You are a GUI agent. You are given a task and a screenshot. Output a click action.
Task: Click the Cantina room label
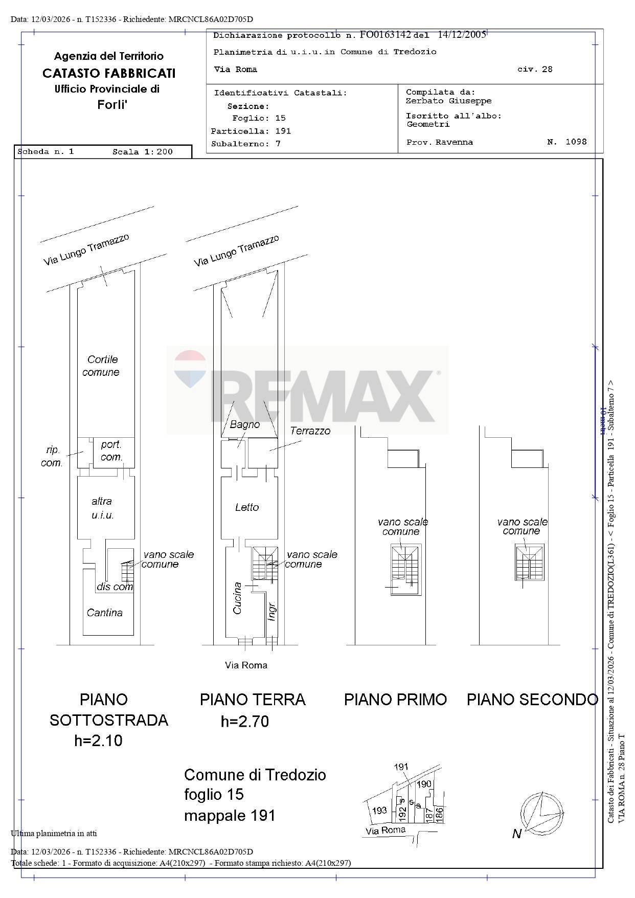104,613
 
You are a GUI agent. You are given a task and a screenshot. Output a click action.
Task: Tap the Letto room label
247,507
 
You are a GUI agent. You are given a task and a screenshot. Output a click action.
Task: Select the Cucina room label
237,598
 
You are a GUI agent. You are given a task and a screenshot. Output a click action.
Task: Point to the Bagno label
244,424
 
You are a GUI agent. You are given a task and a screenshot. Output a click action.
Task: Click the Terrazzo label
310,431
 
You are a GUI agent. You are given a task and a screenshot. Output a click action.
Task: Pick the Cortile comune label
101,366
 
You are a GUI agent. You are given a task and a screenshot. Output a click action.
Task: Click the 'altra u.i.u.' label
102,508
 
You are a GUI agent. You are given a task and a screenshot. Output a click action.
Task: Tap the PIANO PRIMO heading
395,699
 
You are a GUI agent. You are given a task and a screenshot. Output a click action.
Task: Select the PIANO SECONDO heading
532,699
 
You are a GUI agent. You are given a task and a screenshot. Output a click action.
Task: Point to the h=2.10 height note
98,740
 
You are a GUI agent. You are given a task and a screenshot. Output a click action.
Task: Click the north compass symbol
543,812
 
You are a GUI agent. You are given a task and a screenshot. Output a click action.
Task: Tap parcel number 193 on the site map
379,811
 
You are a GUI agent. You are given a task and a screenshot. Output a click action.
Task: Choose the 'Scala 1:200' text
142,152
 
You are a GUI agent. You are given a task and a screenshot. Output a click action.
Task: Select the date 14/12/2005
462,35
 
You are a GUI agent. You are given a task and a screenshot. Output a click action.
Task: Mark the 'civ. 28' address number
534,70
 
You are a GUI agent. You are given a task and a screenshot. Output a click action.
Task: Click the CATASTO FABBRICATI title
109,73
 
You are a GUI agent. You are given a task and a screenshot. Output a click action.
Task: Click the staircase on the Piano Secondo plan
530,563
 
